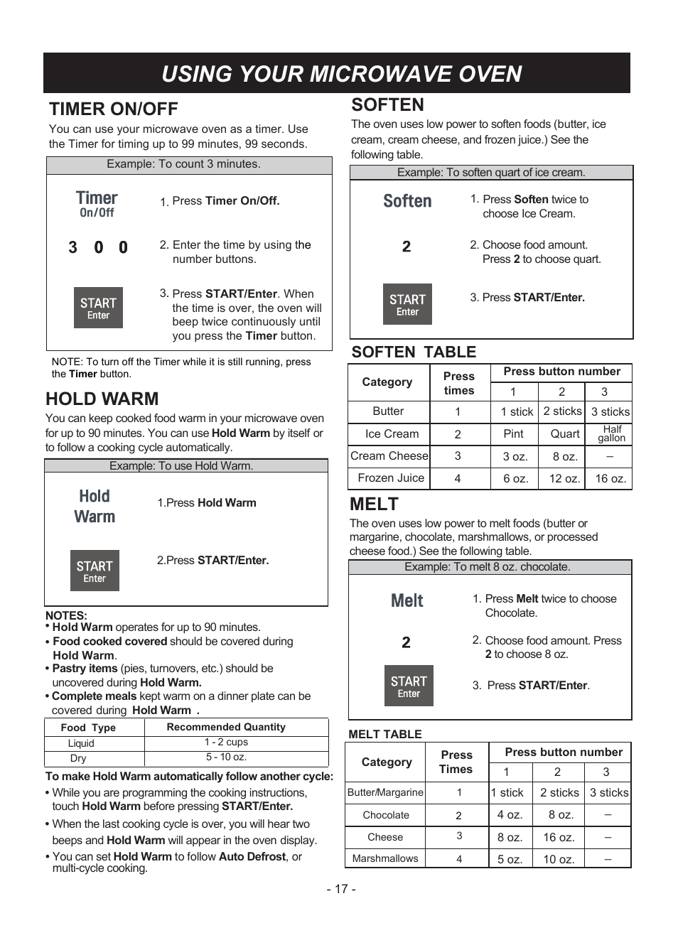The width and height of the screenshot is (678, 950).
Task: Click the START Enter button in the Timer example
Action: (x=98, y=308)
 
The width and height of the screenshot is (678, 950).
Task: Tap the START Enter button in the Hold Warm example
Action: (x=95, y=571)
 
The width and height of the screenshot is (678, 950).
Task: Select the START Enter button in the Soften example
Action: (x=407, y=304)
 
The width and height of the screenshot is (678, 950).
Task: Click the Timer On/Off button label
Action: (x=97, y=203)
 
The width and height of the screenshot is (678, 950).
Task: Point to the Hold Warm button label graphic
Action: (x=95, y=507)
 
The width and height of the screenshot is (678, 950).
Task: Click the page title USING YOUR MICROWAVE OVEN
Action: (x=341, y=74)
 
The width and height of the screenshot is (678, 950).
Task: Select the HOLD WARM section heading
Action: (x=102, y=399)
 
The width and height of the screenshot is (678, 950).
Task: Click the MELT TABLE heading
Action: (x=385, y=734)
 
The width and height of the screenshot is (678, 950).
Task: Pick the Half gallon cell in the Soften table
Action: (x=611, y=433)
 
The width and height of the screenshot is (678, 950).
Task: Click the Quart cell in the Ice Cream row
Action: (x=565, y=433)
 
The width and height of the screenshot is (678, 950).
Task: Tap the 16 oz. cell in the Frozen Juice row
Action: (x=610, y=478)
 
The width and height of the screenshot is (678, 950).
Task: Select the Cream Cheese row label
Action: (x=389, y=455)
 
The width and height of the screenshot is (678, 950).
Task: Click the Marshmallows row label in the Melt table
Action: (x=385, y=858)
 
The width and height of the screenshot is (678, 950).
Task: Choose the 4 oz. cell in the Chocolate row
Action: (x=510, y=815)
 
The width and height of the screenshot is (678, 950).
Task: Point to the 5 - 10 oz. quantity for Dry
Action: (x=226, y=757)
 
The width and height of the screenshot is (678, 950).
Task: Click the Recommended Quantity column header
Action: (x=226, y=727)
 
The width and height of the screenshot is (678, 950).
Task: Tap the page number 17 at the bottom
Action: (x=341, y=889)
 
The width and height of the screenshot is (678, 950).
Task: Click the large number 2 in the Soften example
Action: (x=407, y=247)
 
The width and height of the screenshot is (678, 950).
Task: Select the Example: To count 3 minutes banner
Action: (x=183, y=164)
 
